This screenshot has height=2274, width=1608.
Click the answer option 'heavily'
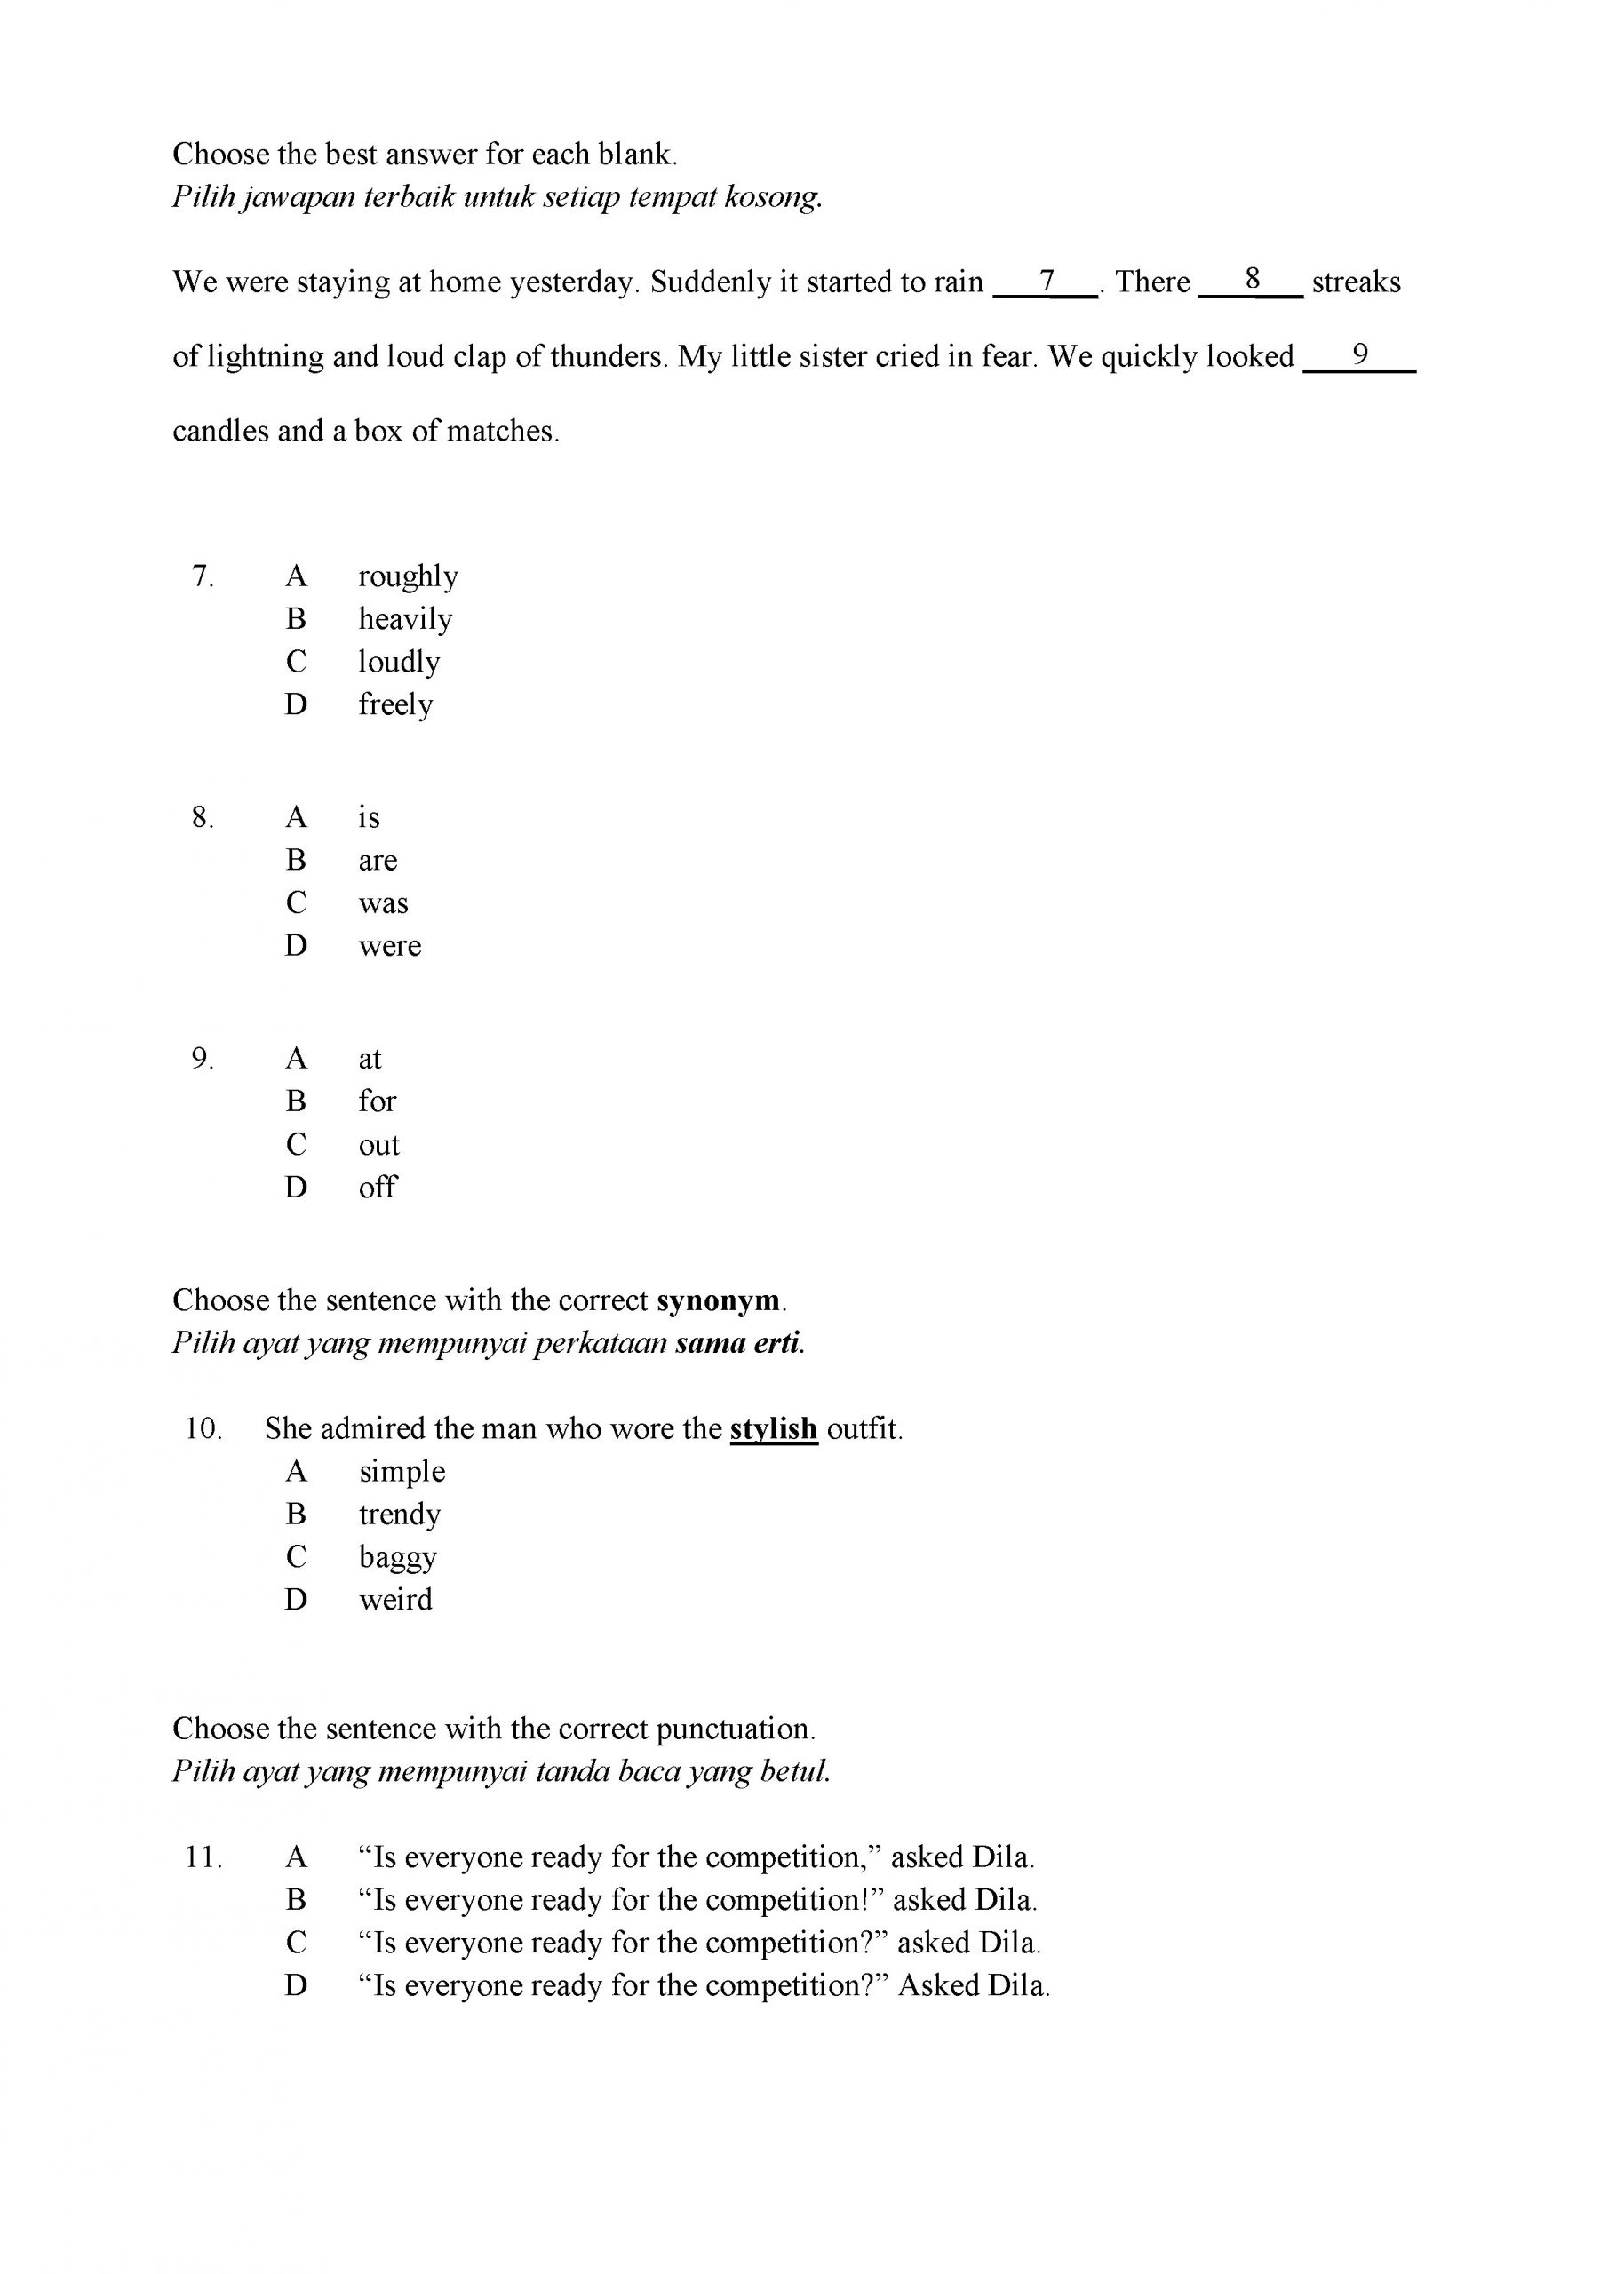pos(404,619)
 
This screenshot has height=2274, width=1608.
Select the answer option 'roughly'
pos(407,576)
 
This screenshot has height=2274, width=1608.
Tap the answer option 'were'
pos(389,946)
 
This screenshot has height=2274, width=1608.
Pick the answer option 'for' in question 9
pos(377,1101)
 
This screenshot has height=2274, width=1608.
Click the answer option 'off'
pos(377,1187)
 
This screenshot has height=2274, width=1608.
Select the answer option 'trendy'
pos(399,1515)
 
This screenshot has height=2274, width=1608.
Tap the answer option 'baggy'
pos(397,1557)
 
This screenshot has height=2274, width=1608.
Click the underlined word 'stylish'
pos(773,1429)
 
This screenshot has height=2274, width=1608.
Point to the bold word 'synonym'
pos(719,1300)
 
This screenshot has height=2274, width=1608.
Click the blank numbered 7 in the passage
pos(1047,282)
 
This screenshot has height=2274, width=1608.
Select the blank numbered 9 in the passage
pos(1359,355)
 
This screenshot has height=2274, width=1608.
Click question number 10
pos(203,1429)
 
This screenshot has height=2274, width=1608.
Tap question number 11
pos(203,1857)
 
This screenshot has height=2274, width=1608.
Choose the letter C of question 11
pos(296,1944)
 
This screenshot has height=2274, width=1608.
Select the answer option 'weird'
pos(395,1600)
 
